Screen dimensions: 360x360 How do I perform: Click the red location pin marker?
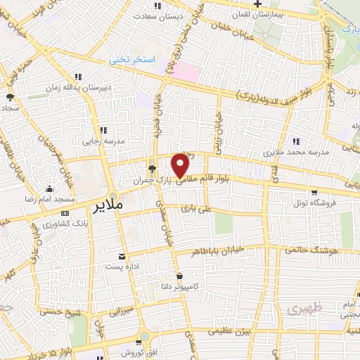tap(181, 165)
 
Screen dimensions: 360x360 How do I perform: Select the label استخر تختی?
tap(130, 61)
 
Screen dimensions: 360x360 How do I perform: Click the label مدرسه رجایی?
tap(103, 141)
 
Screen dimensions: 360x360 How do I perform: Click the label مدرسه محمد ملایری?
tap(292, 151)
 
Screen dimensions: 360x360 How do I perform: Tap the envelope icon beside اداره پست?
tap(124, 256)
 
